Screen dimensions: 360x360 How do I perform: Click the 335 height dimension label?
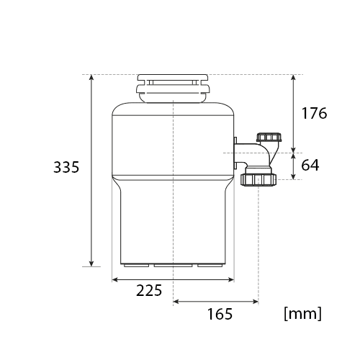click(x=66, y=167)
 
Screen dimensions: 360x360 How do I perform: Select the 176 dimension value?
click(x=314, y=113)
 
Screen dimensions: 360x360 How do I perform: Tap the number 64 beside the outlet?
click(x=310, y=165)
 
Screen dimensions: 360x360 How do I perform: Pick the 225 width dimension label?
click(x=149, y=290)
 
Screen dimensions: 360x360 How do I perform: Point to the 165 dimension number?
click(x=220, y=314)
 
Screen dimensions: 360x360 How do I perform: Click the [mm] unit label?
click(x=302, y=313)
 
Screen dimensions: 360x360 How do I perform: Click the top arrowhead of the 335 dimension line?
click(x=91, y=77)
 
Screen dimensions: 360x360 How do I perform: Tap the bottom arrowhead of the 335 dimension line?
click(x=91, y=264)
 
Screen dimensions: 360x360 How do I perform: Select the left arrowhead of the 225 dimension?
click(x=115, y=279)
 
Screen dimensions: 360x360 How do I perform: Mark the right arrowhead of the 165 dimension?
click(x=256, y=302)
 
